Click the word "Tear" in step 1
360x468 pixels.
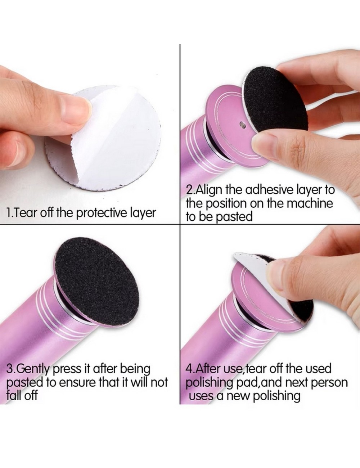tap(24, 213)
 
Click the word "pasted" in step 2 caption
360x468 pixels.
tap(234, 217)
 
